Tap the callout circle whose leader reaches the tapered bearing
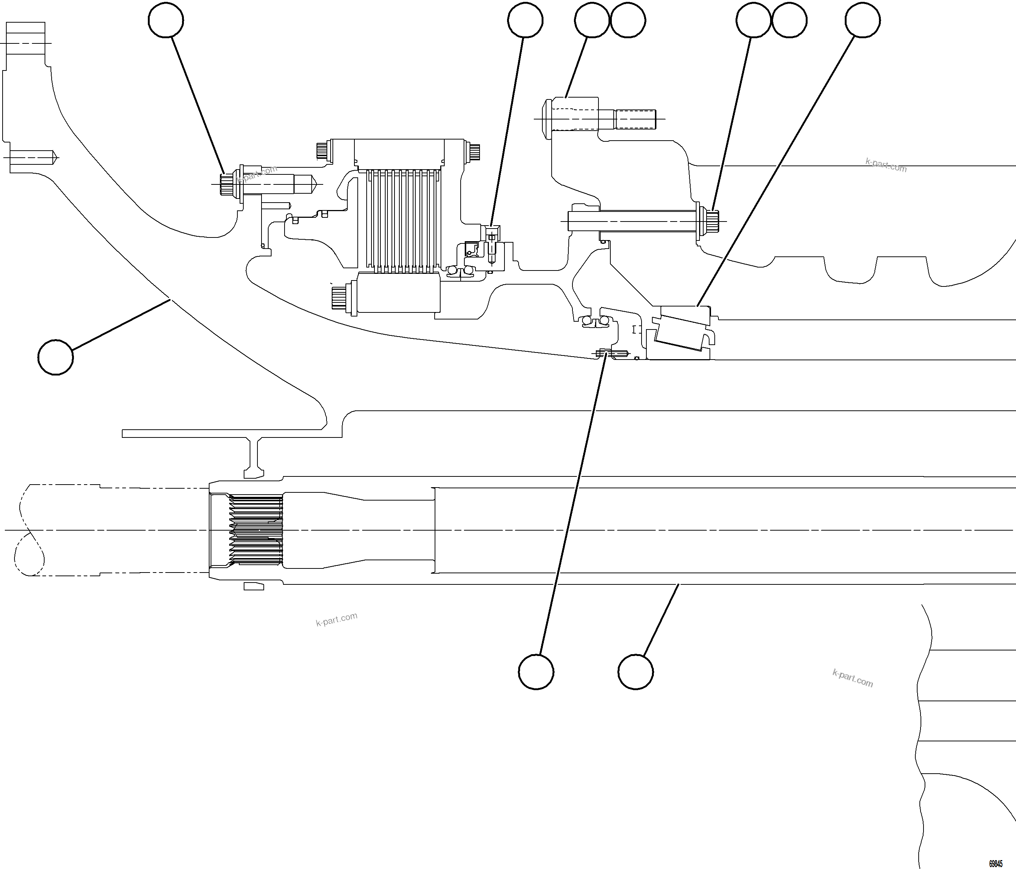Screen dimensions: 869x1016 (x=863, y=20)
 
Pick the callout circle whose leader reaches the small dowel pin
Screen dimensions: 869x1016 (x=536, y=672)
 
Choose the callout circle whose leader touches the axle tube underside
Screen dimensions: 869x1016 (x=636, y=672)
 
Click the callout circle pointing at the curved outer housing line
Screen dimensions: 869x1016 (x=55, y=357)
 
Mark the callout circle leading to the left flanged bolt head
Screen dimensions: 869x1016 (x=166, y=20)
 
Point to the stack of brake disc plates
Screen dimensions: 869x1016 (x=400, y=220)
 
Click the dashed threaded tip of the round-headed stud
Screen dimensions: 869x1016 (x=636, y=119)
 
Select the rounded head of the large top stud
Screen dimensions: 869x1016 (x=547, y=119)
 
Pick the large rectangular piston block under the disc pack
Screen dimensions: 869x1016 (x=398, y=293)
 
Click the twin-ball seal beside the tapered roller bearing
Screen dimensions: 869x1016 (x=595, y=321)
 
